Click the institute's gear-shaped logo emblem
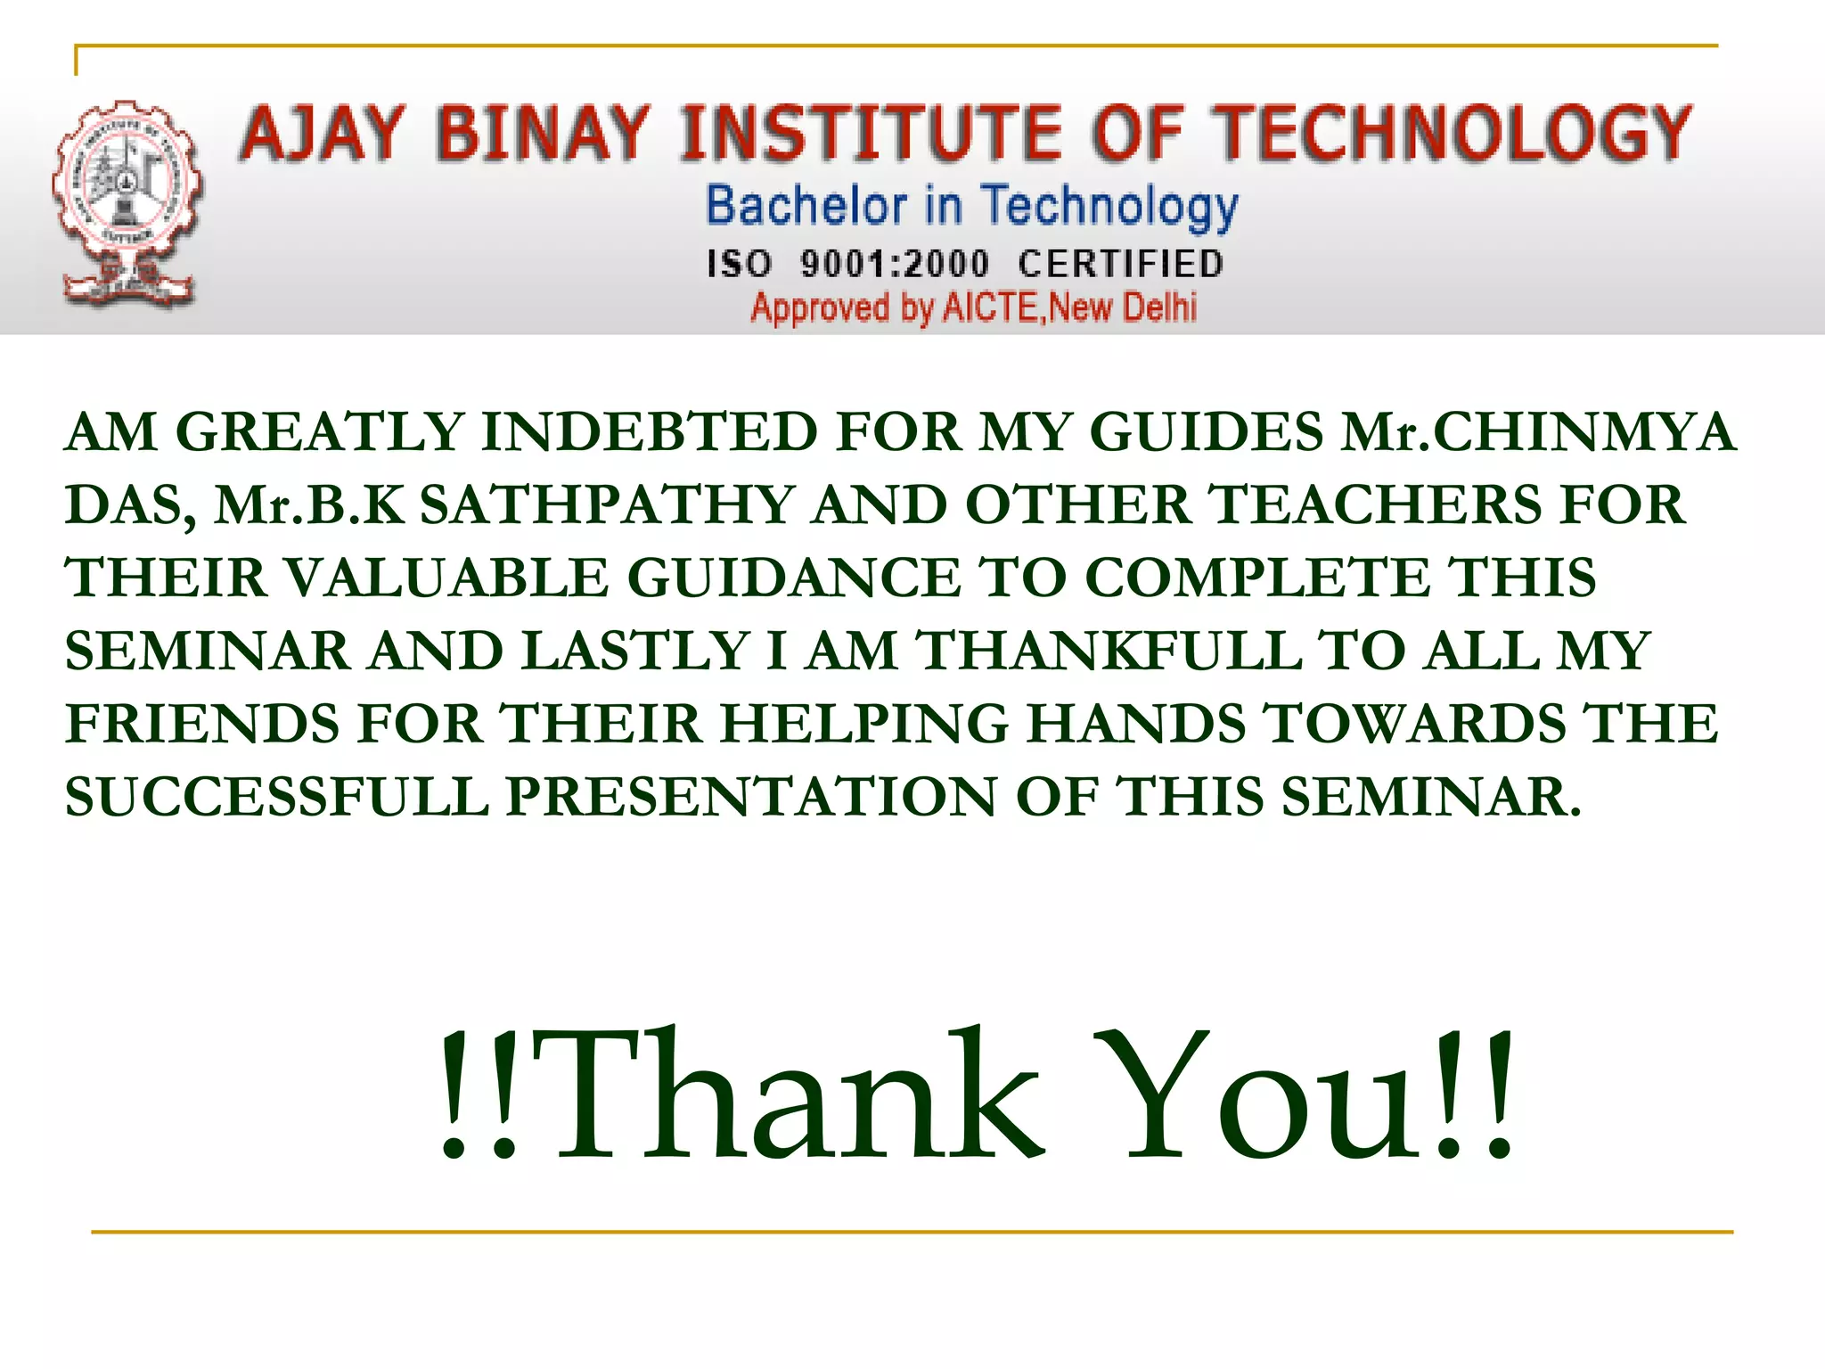(127, 203)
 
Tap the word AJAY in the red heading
(322, 134)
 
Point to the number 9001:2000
(895, 265)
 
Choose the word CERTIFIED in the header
(1121, 265)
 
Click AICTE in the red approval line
(991, 307)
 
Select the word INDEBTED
(649, 432)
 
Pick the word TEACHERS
(1376, 505)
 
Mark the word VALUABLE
(448, 578)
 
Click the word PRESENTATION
(751, 796)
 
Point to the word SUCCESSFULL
(276, 796)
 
